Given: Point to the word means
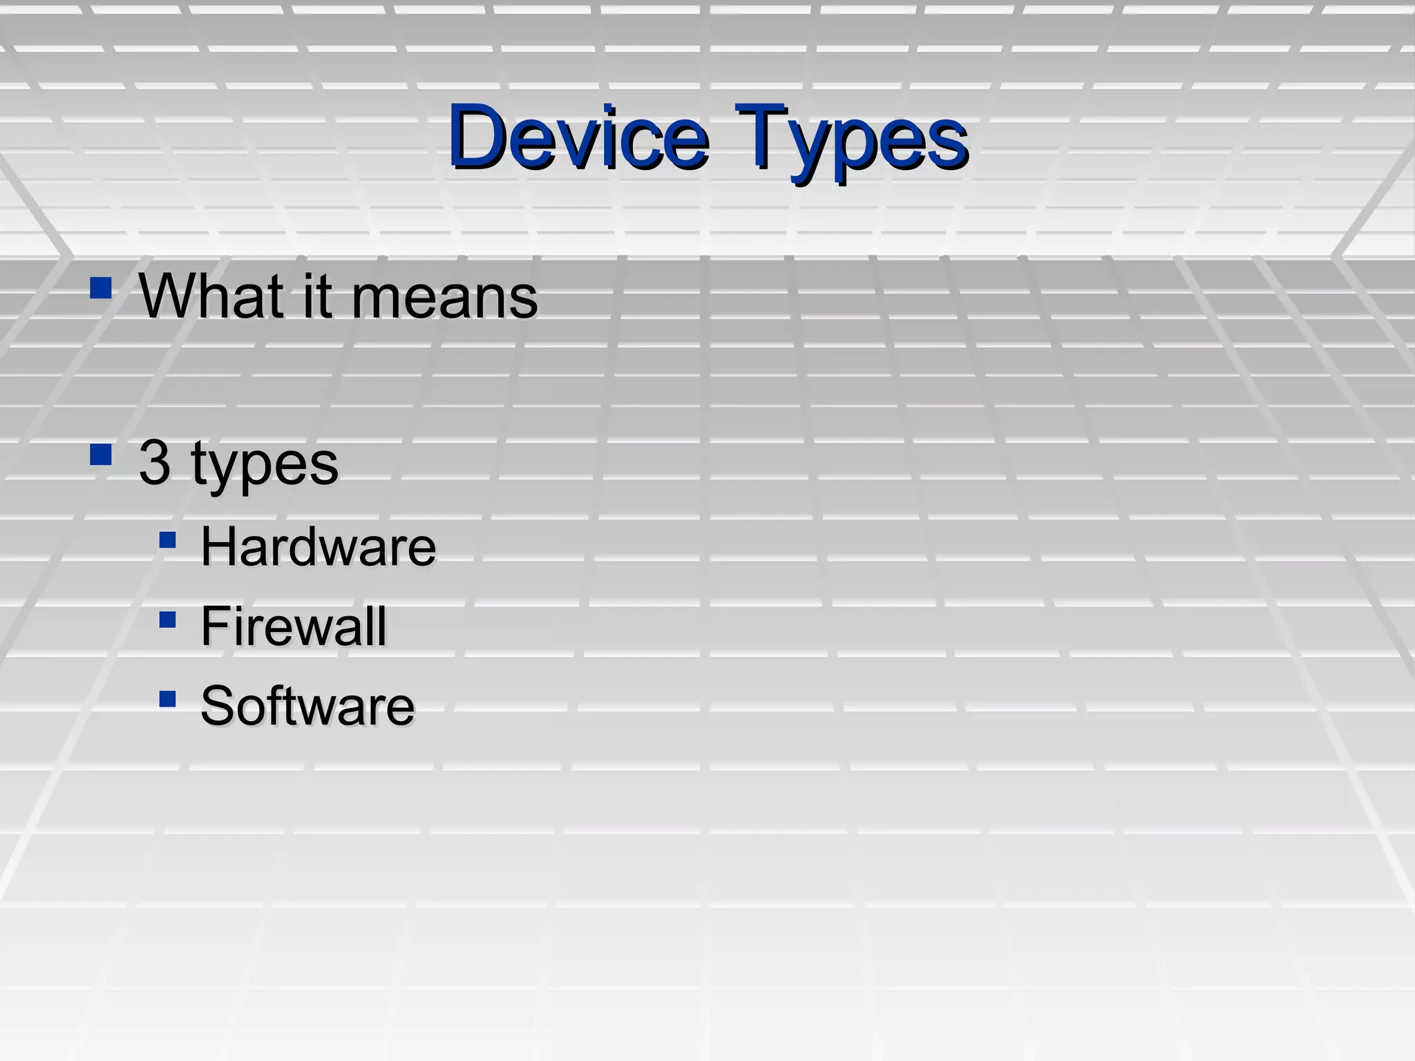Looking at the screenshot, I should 444,297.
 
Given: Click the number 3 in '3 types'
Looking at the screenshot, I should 155,463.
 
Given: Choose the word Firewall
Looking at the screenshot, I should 293,627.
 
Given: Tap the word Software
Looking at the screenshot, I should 307,706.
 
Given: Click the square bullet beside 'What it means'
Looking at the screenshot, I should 101,287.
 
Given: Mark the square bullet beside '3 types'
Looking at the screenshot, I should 101,455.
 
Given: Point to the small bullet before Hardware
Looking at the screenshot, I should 167,539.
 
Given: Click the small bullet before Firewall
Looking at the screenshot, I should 167,619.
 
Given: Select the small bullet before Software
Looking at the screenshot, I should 167,699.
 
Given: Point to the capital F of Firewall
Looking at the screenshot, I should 213,627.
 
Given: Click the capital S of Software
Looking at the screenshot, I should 217,706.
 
